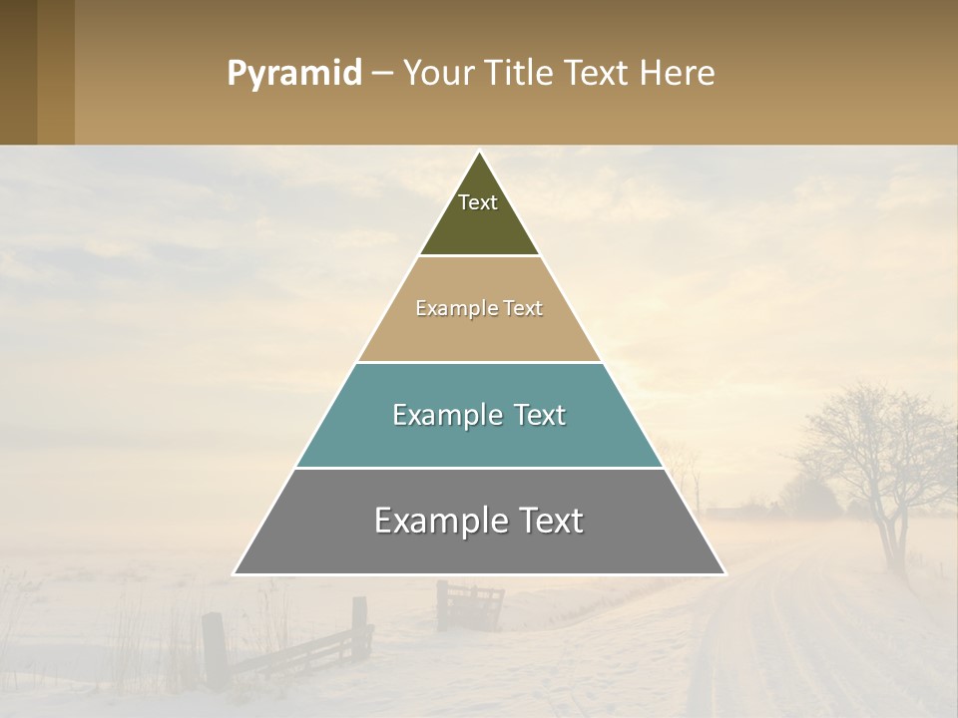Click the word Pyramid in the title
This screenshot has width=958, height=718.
coord(293,74)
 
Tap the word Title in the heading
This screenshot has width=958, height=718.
coord(520,73)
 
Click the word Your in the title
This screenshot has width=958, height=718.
coord(436,73)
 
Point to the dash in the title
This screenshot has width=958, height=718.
coord(381,74)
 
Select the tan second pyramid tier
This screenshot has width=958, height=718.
coord(479,335)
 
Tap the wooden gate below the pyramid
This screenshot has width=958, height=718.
coord(470,605)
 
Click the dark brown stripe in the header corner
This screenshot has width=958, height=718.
coord(18,72)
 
